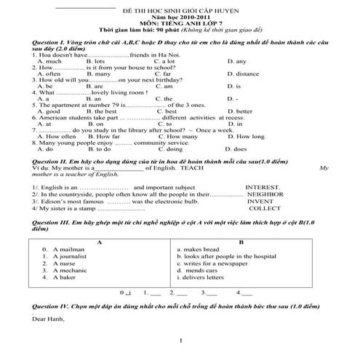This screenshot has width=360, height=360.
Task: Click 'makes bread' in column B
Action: click(x=197, y=249)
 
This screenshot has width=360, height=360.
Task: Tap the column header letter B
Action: click(x=241, y=241)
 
